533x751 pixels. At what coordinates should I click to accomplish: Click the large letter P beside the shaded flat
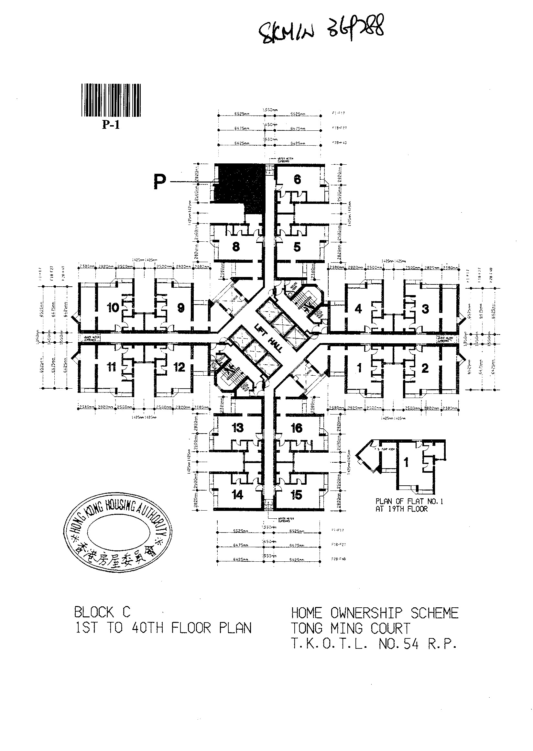[160, 182]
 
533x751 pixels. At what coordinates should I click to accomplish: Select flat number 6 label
[297, 179]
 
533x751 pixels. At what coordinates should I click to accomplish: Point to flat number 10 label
[113, 308]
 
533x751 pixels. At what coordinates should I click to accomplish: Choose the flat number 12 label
[179, 367]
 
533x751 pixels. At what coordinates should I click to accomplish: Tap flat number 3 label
[425, 309]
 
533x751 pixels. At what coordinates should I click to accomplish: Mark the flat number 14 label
[237, 494]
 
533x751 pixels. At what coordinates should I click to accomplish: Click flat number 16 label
[296, 428]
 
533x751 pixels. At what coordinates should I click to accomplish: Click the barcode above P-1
[111, 100]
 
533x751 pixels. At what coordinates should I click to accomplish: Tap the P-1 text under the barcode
[111, 125]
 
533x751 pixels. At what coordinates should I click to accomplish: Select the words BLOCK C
[102, 613]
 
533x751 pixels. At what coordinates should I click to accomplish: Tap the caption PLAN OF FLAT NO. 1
[409, 502]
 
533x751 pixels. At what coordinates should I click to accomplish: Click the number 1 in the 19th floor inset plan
[406, 462]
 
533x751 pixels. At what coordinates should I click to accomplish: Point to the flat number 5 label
[297, 247]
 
